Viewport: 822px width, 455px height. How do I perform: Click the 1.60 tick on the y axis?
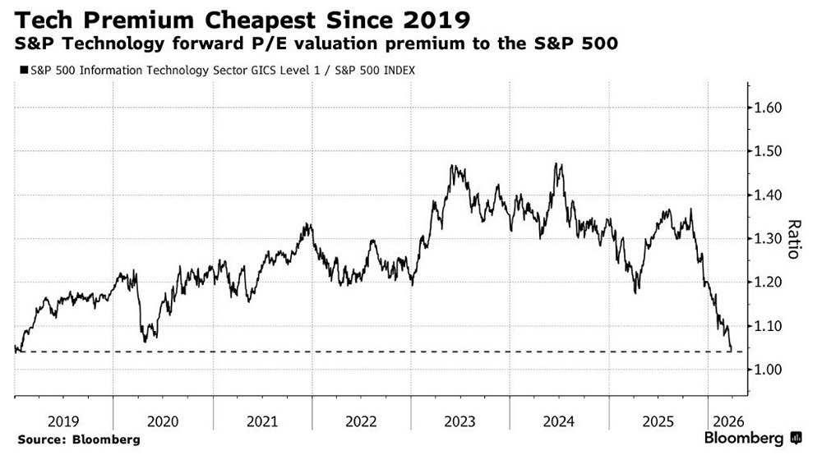click(x=768, y=108)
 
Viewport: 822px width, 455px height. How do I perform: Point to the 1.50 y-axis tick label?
click(x=768, y=151)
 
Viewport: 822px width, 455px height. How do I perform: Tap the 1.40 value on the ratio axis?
click(x=768, y=195)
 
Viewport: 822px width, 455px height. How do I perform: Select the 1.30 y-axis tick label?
click(x=768, y=238)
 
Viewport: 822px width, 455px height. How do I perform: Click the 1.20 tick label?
click(x=768, y=282)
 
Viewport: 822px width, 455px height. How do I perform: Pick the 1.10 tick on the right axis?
click(x=768, y=326)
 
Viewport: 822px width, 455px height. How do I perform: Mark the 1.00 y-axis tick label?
click(x=768, y=370)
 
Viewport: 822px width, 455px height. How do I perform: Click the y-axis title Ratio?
click(x=794, y=239)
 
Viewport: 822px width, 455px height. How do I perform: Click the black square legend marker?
click(x=20, y=71)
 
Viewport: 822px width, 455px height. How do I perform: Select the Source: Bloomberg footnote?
click(x=78, y=439)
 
